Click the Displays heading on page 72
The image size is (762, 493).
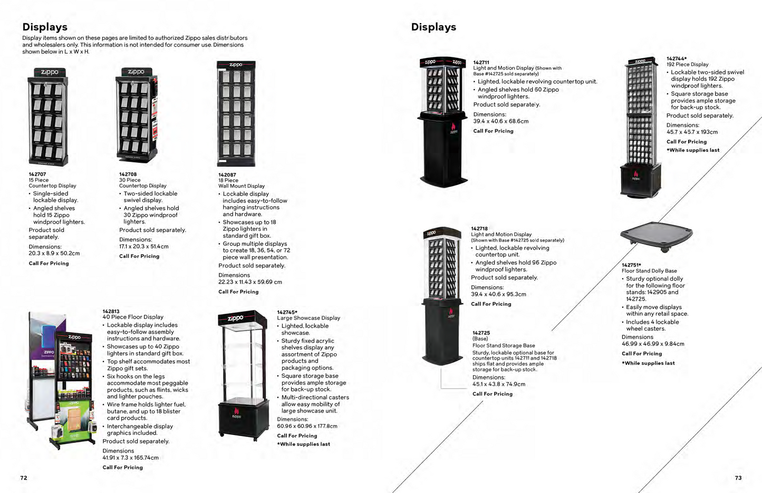pos(45,27)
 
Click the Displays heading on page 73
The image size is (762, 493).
pos(433,27)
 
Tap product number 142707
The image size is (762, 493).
pos(37,174)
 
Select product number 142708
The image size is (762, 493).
pos(128,174)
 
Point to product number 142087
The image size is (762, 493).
pos(227,175)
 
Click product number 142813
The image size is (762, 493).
pos(111,311)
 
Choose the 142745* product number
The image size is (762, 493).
pos(287,312)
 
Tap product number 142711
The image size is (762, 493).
pos(481,62)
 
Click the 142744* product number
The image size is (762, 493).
pos(677,59)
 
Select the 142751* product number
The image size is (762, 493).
pos(631,265)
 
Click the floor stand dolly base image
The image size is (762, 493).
pos(656,236)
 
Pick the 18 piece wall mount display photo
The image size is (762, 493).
pos(236,113)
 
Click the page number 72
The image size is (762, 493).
pos(24,478)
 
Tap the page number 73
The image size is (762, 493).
pos(738,478)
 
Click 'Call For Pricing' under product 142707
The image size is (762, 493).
pos(49,263)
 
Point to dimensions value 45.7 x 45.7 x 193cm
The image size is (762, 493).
pos(692,132)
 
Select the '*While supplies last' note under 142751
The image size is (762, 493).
pos(648,363)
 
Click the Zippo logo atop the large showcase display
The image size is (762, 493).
pos(236,318)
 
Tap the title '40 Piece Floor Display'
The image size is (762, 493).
pos(133,317)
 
